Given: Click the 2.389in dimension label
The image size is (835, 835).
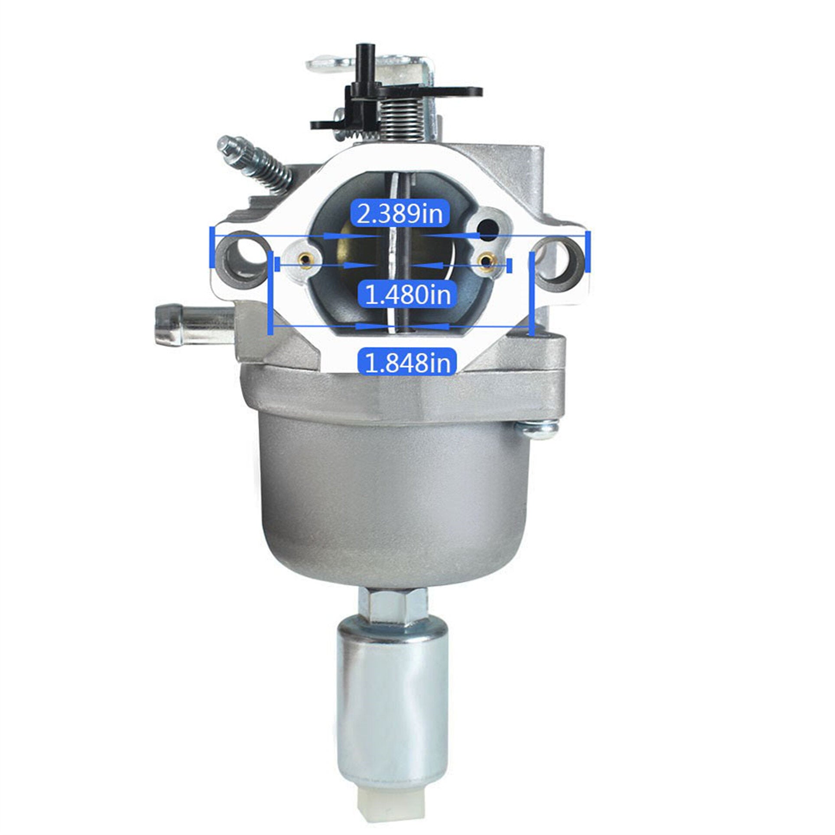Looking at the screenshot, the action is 400,214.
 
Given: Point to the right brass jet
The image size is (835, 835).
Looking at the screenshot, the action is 487,261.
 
